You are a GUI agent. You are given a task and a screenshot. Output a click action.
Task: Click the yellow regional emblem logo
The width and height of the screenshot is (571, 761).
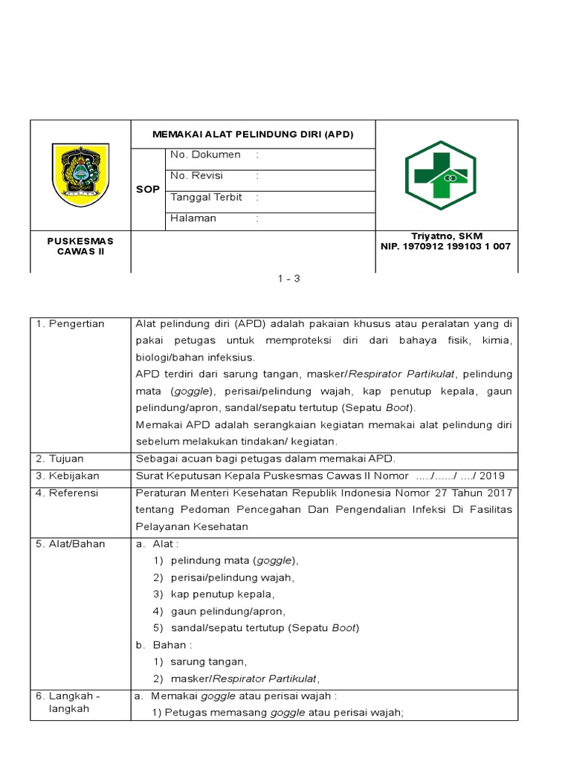(x=80, y=175)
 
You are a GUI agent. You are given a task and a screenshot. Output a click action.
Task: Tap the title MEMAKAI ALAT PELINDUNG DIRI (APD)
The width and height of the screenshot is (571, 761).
(x=253, y=135)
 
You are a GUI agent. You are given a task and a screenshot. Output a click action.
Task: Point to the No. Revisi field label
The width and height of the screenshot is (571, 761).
(x=196, y=176)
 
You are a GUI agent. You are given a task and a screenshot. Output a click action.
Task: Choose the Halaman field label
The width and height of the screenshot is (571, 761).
(x=193, y=218)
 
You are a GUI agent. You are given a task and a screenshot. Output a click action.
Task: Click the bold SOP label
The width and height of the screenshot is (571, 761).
(x=147, y=190)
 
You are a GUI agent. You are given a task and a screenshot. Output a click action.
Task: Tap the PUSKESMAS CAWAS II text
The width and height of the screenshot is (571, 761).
(x=80, y=246)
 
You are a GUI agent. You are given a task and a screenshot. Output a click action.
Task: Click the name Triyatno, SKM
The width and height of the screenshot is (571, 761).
(x=447, y=236)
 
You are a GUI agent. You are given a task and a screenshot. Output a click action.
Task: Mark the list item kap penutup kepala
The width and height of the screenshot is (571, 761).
(x=222, y=595)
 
